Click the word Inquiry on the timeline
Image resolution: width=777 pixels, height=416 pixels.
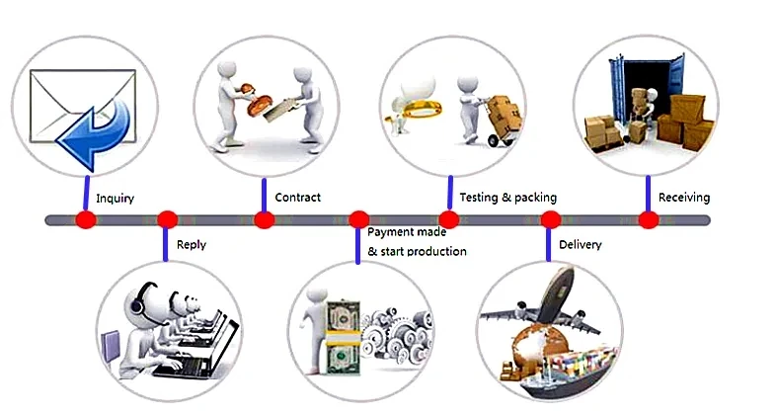[115, 199]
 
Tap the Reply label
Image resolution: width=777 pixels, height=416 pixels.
[191, 245]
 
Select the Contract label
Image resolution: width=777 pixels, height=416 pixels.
[297, 198]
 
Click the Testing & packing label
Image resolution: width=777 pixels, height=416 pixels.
[507, 198]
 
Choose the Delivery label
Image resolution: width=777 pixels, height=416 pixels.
[580, 244]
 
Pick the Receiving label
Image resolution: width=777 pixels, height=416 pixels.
[683, 198]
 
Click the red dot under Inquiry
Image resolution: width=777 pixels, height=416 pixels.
[86, 219]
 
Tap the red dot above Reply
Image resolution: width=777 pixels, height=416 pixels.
[167, 219]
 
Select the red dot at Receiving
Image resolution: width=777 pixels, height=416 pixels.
[648, 219]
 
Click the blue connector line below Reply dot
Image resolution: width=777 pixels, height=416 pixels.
[167, 245]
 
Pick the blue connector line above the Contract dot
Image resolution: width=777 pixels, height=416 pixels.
[264, 195]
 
